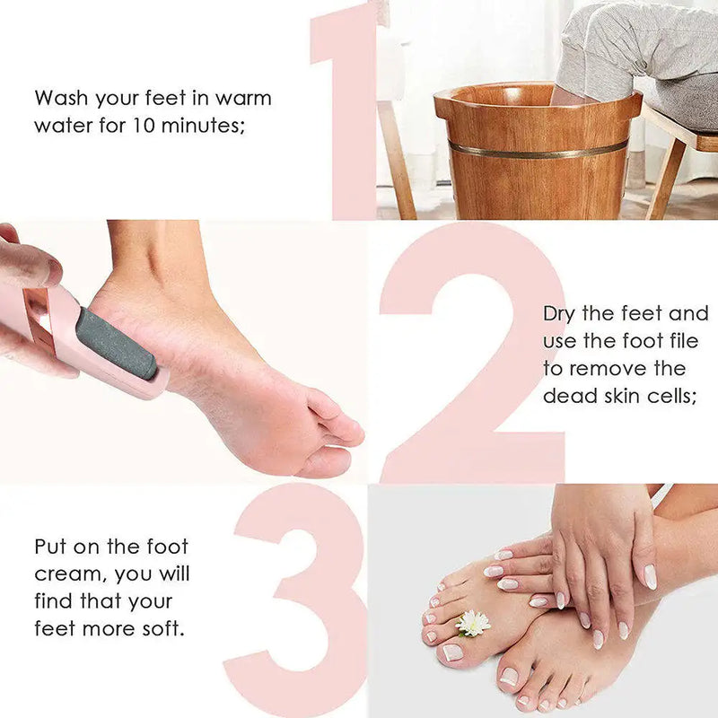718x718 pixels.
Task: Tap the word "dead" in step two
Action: point(569,396)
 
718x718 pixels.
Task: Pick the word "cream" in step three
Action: point(67,574)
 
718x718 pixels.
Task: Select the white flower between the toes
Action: point(473,622)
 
